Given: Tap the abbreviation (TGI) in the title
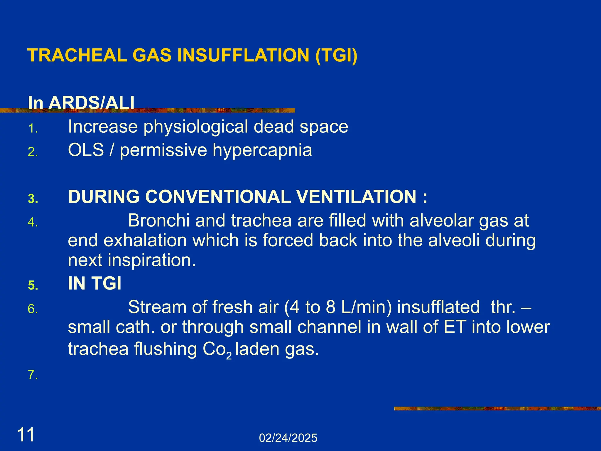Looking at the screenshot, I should tap(336, 55).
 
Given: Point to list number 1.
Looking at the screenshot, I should tap(33, 129).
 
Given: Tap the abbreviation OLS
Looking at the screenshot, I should tap(86, 150).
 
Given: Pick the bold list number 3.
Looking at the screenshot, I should tap(33, 199).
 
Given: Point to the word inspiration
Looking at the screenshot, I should tap(151, 260).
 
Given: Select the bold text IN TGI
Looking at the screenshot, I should tap(94, 284).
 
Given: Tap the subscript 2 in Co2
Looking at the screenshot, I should tap(229, 356).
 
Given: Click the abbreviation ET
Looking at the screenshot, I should tap(455, 327).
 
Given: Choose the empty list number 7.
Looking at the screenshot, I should tap(33, 375).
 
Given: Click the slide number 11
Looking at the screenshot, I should tap(26, 435).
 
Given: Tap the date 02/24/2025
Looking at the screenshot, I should tap(288, 438).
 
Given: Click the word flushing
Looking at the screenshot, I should tap(166, 349).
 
